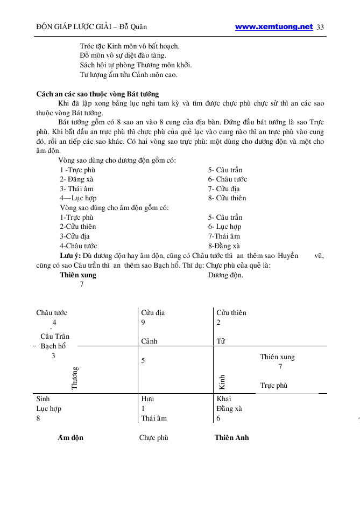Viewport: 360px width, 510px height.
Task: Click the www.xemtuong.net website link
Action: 274,26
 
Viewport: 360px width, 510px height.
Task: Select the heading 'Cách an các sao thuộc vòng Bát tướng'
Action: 97,94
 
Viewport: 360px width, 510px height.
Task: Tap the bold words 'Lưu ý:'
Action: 70,256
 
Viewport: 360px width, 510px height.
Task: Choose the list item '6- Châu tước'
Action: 228,179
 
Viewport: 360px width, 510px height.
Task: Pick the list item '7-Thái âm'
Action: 224,236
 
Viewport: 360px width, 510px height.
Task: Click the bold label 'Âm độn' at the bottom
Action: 70,437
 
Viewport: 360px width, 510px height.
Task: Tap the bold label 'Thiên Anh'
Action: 231,437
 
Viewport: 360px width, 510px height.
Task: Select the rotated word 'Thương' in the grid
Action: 75,378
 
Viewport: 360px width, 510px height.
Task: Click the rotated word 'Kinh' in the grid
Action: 222,381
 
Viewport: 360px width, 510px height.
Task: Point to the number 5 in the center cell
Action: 143,361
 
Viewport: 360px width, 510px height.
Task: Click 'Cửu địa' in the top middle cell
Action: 153,312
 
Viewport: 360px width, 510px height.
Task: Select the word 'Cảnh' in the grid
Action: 150,341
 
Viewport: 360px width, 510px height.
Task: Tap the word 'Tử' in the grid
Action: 221,341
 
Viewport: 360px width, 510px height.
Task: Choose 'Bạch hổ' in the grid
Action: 53,346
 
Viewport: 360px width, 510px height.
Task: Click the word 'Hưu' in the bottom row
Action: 147,399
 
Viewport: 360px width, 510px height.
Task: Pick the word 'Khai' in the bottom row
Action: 223,399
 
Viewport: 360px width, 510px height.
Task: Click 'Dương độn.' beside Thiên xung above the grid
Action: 225,275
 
